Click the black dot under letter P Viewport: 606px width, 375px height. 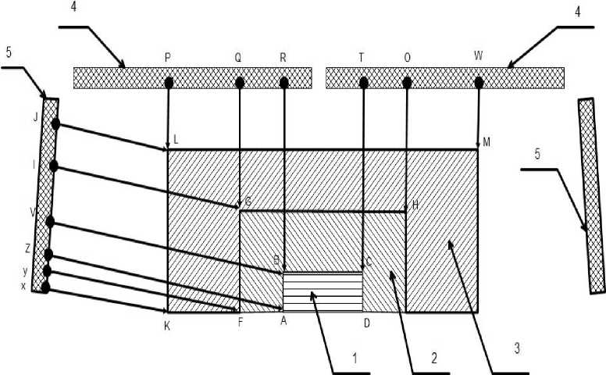(x=168, y=81)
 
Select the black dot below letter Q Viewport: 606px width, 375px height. (x=239, y=81)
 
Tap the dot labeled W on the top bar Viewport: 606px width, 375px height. (x=479, y=81)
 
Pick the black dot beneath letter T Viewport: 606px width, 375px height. (x=362, y=81)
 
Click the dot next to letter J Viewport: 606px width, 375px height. (x=56, y=124)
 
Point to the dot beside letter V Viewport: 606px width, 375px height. (x=50, y=223)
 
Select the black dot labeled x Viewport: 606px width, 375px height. (x=45, y=287)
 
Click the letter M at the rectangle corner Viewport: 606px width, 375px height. (x=487, y=141)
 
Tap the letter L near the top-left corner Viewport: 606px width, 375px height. (x=176, y=140)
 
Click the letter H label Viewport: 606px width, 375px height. (x=415, y=205)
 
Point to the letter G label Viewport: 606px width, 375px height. (x=248, y=202)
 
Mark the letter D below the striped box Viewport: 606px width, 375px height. (x=365, y=322)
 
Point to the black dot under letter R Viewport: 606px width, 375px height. (x=284, y=81)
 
